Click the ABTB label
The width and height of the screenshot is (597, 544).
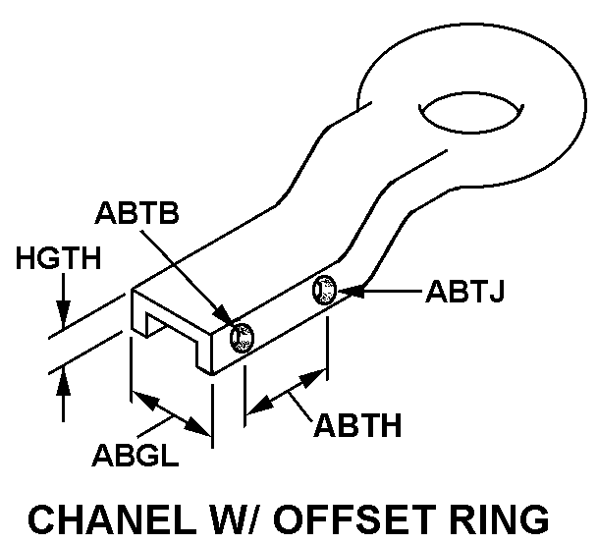pos(136,213)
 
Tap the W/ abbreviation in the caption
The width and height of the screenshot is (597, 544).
pos(247,517)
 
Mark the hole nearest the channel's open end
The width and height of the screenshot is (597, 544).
pos(241,339)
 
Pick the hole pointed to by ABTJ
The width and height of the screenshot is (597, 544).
pos(324,290)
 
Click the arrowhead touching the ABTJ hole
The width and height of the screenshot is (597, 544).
pos(349,291)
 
